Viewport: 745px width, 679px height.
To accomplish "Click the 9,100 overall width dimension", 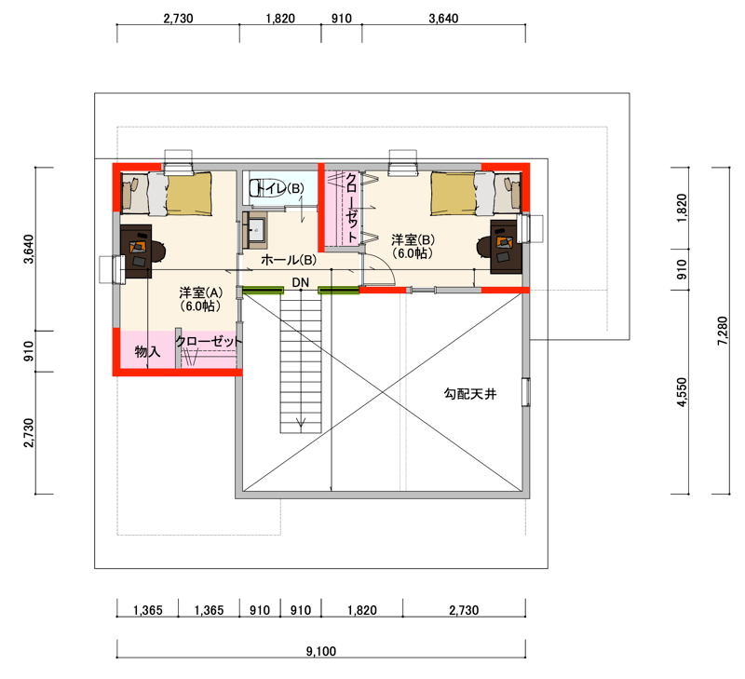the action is [321, 650].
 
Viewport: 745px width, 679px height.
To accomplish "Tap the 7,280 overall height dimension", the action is [723, 331].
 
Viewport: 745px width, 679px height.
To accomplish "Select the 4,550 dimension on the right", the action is [682, 392].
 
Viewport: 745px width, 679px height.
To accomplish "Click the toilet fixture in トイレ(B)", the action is [260, 188].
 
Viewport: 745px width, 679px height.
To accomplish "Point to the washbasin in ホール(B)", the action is [255, 230].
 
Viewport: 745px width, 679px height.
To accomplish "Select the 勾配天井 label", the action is [470, 394].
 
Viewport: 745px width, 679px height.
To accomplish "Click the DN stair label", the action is [300, 283].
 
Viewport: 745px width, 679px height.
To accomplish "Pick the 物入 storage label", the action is [147, 352].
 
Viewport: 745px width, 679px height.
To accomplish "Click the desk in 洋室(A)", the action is [136, 251].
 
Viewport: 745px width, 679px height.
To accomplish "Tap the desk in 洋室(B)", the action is [506, 247].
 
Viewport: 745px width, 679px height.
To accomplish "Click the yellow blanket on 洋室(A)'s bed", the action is [189, 194].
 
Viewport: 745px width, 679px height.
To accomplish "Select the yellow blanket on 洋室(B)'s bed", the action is [454, 194].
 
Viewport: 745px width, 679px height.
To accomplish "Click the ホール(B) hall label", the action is [289, 260].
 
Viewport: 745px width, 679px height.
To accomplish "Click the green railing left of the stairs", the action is [264, 290].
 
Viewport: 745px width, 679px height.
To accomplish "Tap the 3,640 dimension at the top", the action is [443, 19].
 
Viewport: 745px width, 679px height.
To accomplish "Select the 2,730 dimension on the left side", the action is [29, 432].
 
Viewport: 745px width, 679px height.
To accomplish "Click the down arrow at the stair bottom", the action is [300, 423].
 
